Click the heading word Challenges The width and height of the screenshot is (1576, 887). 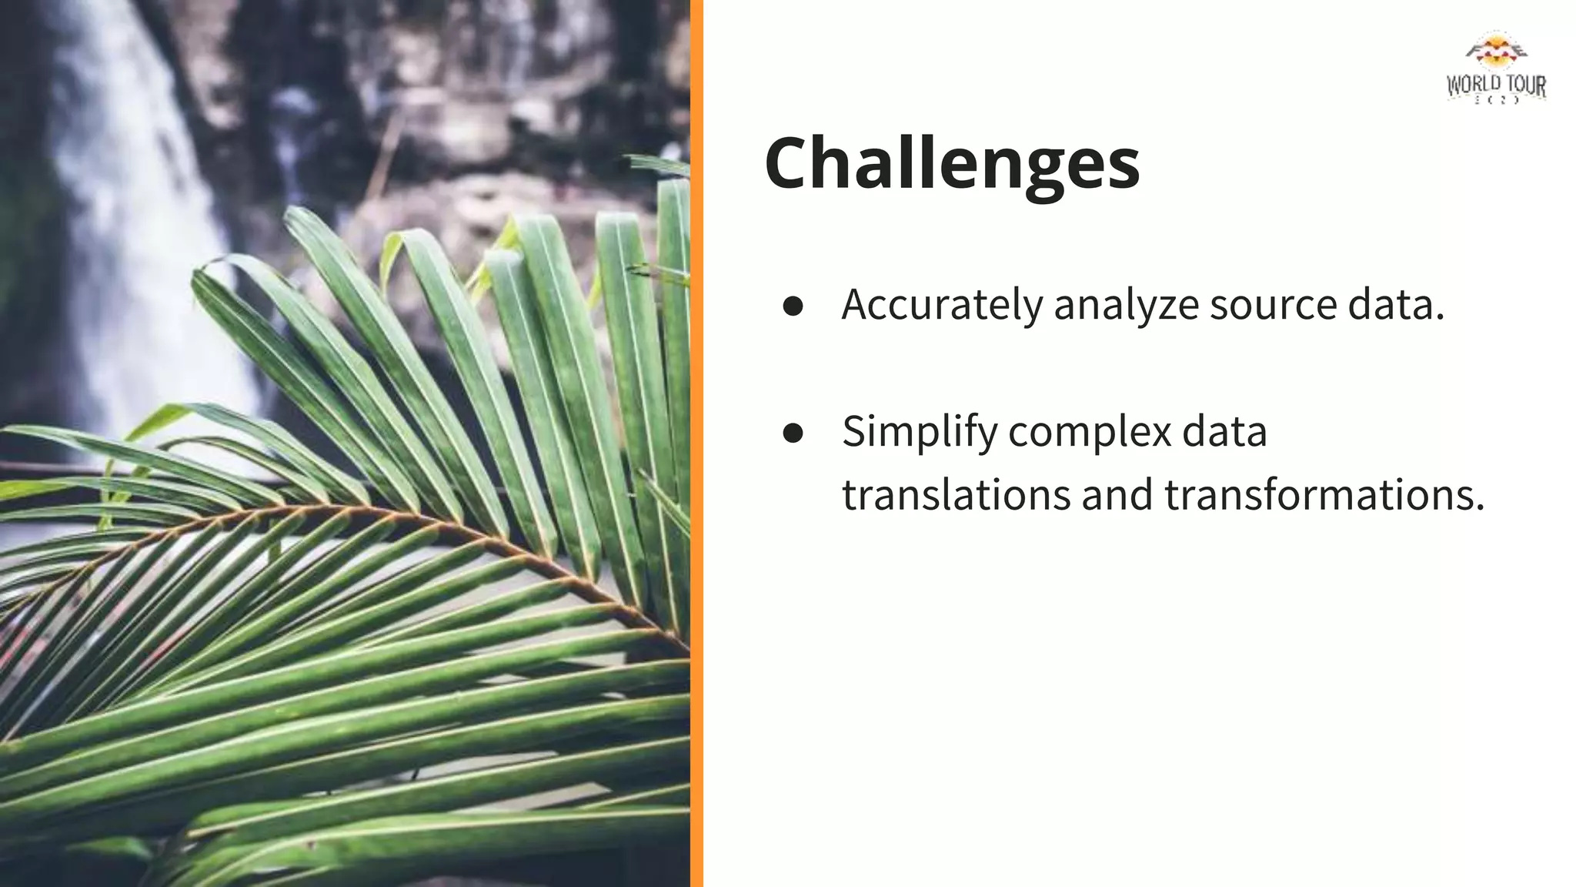[x=951, y=164]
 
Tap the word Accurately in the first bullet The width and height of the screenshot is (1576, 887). [x=942, y=305]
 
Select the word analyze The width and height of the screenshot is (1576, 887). [x=1126, y=305]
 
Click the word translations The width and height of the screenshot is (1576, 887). [x=956, y=495]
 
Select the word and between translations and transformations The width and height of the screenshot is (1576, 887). [x=1117, y=495]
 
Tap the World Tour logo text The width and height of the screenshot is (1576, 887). [x=1496, y=85]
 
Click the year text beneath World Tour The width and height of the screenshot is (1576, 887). [x=1496, y=101]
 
